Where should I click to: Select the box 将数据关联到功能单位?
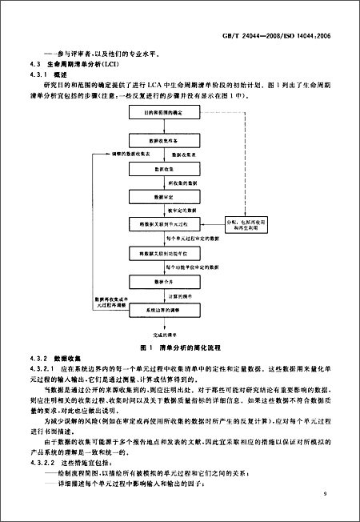click(x=160, y=253)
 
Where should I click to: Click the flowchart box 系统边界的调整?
click(x=160, y=309)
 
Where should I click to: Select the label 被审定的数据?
click(x=182, y=210)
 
